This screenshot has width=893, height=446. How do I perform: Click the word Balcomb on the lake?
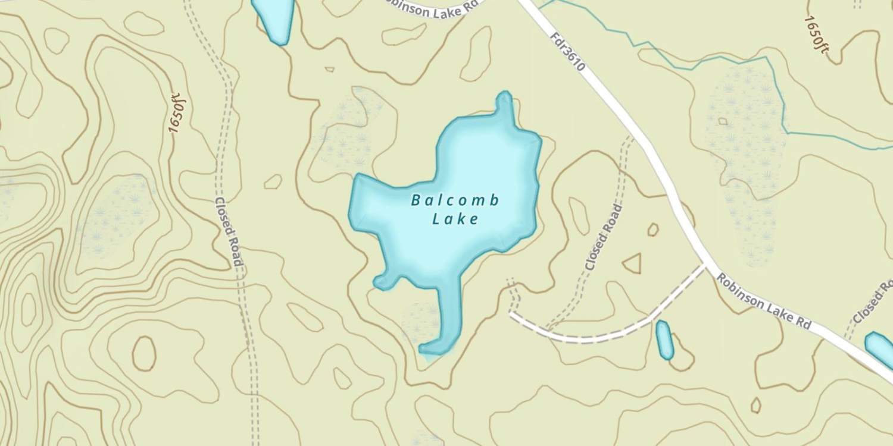coord(455,200)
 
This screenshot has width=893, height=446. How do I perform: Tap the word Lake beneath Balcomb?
coord(455,219)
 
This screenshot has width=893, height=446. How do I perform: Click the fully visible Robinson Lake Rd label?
coord(763,302)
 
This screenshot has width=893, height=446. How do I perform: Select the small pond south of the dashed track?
coord(664,340)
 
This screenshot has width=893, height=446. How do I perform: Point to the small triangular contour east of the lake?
coord(633,263)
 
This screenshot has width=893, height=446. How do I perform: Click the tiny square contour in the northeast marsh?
coord(723,121)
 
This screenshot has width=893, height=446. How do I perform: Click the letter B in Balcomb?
coord(415,201)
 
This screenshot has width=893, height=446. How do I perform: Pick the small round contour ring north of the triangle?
coord(653,230)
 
